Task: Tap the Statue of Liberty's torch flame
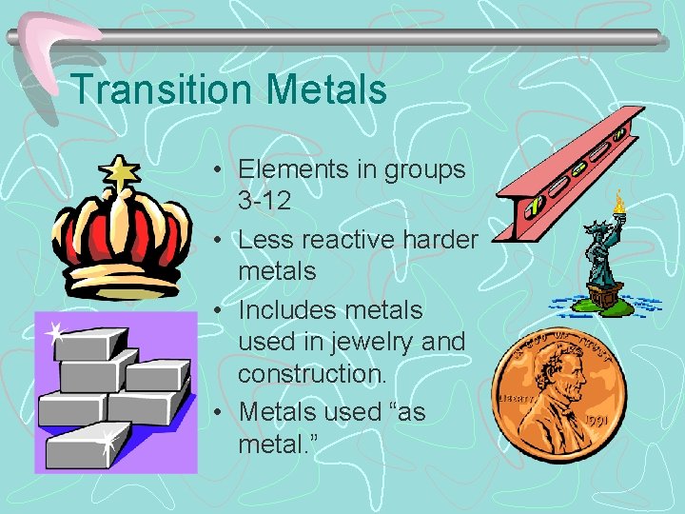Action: point(619,199)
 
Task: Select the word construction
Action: point(312,373)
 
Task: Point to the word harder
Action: point(442,240)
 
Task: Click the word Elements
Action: point(293,169)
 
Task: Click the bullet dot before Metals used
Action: point(220,413)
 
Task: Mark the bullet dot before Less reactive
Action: point(220,240)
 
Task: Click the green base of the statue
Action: point(605,304)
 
